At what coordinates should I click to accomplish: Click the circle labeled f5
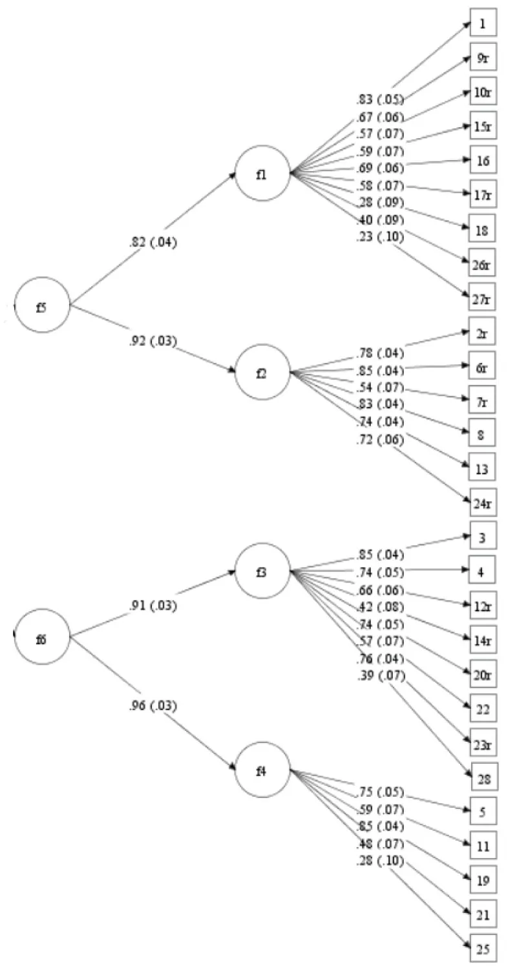click(x=42, y=305)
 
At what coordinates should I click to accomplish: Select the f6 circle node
click(x=42, y=637)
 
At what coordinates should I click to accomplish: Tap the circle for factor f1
click(x=262, y=173)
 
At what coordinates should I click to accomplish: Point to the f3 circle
click(x=262, y=571)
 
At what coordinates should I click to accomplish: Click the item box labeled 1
click(x=482, y=24)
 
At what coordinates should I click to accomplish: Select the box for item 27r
click(x=482, y=297)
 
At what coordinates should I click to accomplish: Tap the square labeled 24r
click(x=482, y=502)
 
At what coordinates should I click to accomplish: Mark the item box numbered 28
click(x=483, y=777)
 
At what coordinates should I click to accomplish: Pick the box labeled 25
click(x=482, y=949)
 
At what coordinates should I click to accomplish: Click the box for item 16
click(x=482, y=161)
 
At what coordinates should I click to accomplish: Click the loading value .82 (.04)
click(x=153, y=243)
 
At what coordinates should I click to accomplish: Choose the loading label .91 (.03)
click(x=153, y=606)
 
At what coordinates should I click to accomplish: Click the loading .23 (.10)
click(x=380, y=237)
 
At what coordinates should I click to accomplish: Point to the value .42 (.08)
click(x=380, y=607)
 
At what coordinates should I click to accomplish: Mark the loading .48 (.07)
click(x=380, y=843)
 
